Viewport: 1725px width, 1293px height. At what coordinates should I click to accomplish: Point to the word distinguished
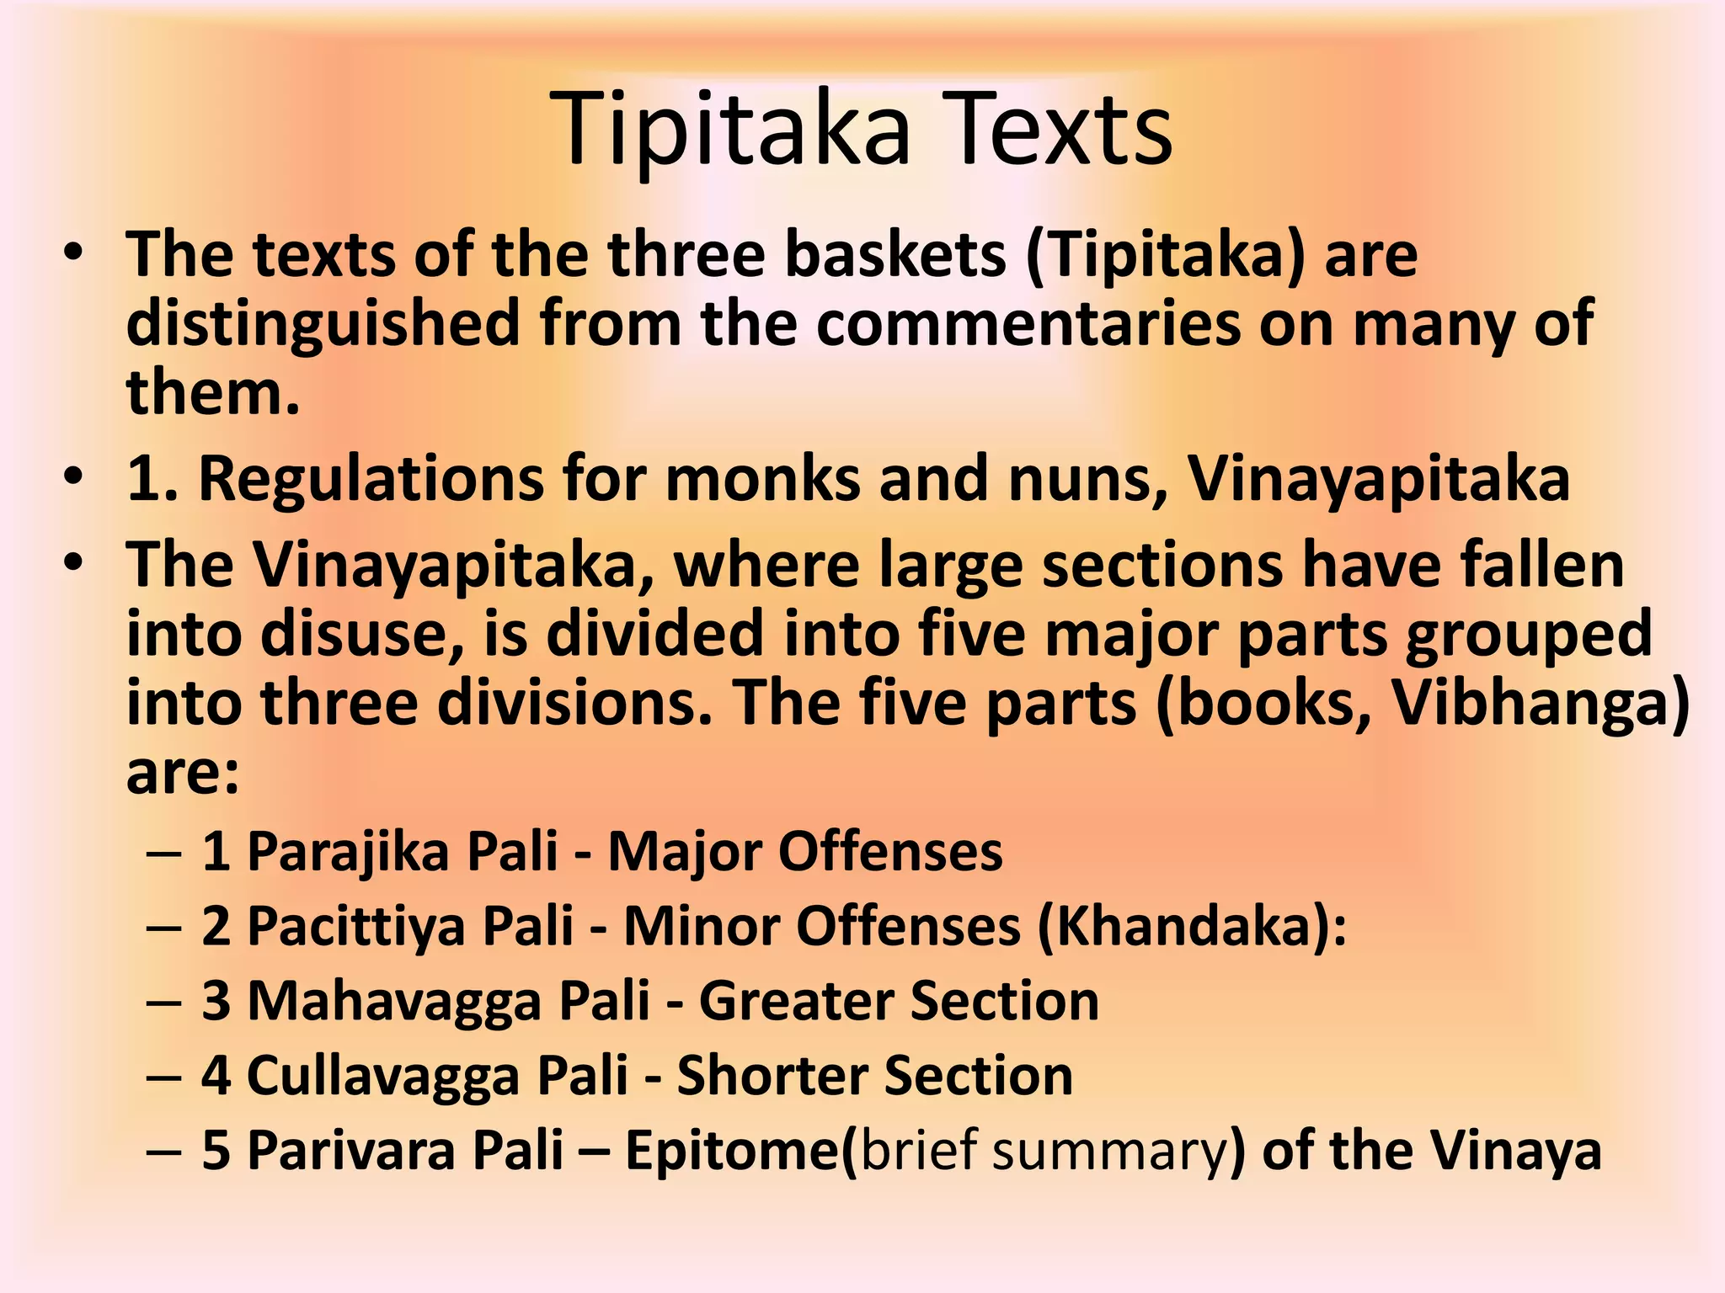[x=323, y=323]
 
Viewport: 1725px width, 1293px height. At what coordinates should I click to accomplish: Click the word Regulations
[x=371, y=479]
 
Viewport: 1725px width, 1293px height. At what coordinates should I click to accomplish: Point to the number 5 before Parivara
[x=216, y=1151]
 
